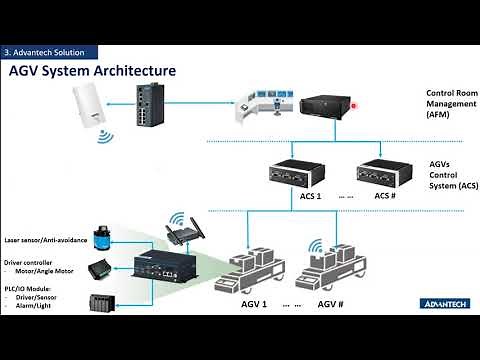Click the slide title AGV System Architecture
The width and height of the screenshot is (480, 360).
(92, 71)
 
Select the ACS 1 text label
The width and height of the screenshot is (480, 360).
(283, 195)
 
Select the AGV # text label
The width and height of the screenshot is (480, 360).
(331, 301)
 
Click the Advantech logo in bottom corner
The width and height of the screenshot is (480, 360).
(440, 300)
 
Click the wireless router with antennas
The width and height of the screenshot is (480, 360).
(180, 233)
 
